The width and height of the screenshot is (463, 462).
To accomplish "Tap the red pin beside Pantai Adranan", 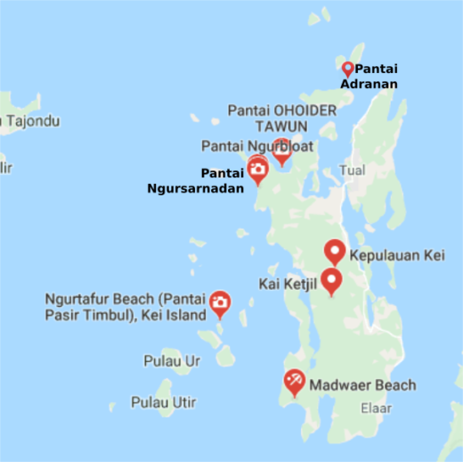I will [347, 69].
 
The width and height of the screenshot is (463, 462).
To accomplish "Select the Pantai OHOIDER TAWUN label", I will [282, 118].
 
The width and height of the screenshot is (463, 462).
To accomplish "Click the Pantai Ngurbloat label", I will [257, 145].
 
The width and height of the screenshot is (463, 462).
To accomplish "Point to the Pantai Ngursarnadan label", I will [196, 180].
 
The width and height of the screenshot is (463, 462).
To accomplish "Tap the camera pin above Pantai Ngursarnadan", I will [257, 168].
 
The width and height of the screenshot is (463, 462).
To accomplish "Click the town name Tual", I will [353, 170].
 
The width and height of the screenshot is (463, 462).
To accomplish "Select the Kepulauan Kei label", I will [396, 256].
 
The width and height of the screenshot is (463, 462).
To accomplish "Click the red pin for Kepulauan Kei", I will [335, 252].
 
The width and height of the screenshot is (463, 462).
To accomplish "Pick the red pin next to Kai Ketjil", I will [331, 280].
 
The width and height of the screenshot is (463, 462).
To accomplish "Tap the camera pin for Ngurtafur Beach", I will [219, 304].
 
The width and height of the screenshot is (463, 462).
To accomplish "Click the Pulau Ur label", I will [172, 361].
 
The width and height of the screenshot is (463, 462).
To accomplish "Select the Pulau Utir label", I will [163, 402].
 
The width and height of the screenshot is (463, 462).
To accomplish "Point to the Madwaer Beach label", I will [362, 385].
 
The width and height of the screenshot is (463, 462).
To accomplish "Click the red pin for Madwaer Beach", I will [294, 382].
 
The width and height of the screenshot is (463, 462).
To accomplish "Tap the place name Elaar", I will [373, 408].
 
